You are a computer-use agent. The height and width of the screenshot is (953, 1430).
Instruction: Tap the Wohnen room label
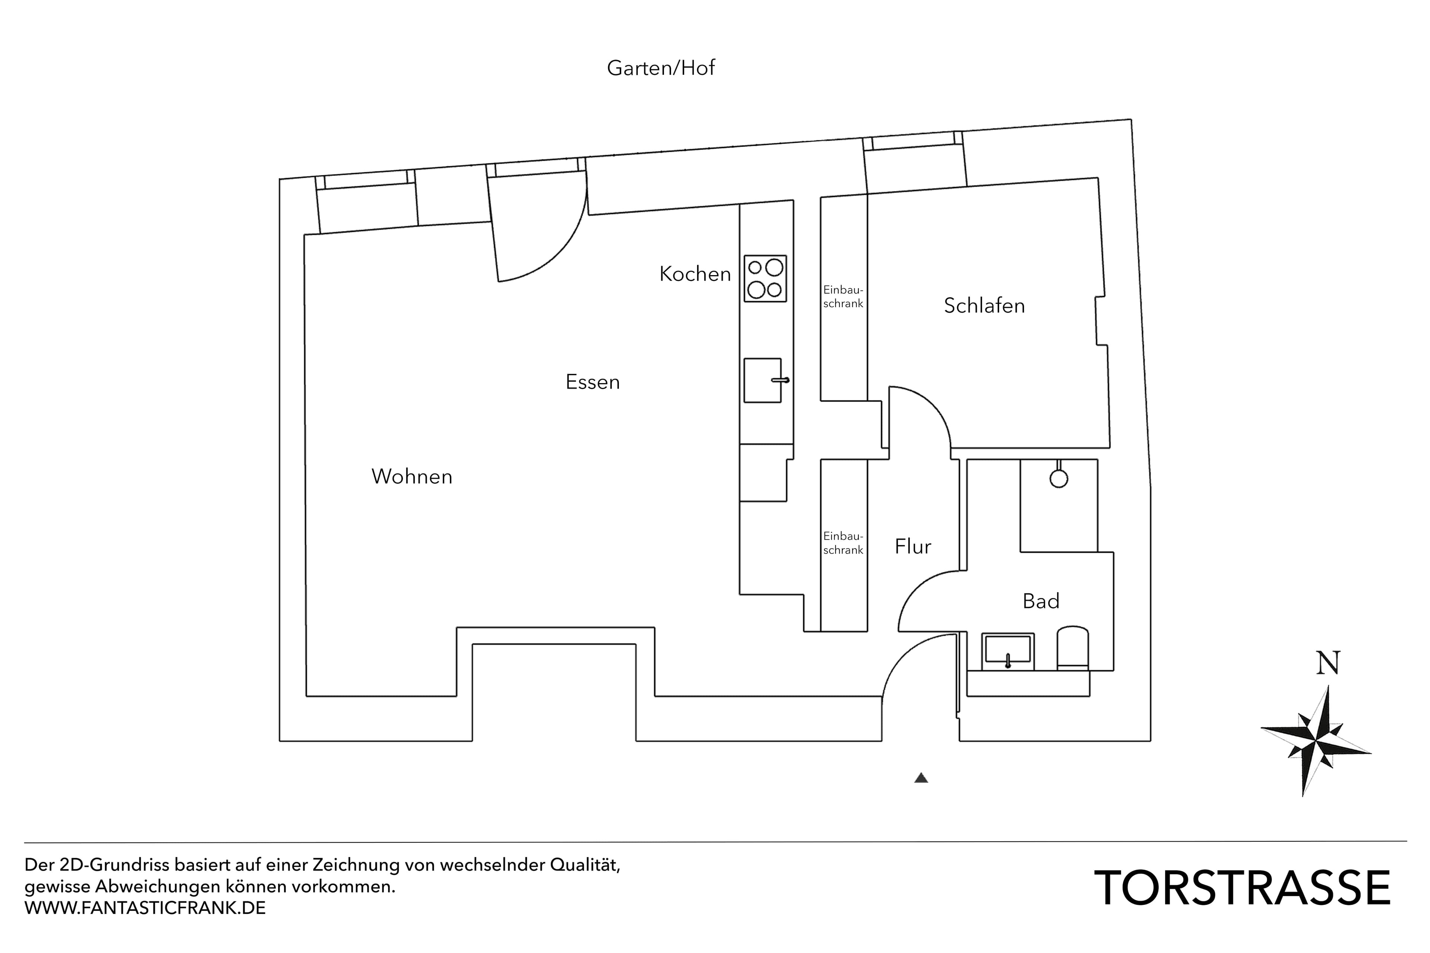pyautogui.click(x=411, y=476)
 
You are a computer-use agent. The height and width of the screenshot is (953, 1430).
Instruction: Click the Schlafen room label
pyautogui.click(x=984, y=305)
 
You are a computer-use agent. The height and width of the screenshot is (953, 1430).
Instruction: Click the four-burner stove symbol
pyautogui.click(x=765, y=278)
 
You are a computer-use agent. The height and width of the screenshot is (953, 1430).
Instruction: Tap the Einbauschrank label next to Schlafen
pyautogui.click(x=843, y=297)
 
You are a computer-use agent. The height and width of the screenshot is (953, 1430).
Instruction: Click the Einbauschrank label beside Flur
pyautogui.click(x=843, y=543)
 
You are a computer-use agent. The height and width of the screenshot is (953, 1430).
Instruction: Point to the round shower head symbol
pyautogui.click(x=1058, y=478)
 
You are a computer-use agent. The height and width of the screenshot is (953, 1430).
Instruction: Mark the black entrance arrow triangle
pyautogui.click(x=921, y=778)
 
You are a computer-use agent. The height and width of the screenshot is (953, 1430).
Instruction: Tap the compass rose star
pyautogui.click(x=1315, y=742)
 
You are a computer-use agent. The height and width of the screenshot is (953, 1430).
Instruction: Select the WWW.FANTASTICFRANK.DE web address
pyautogui.click(x=145, y=908)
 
